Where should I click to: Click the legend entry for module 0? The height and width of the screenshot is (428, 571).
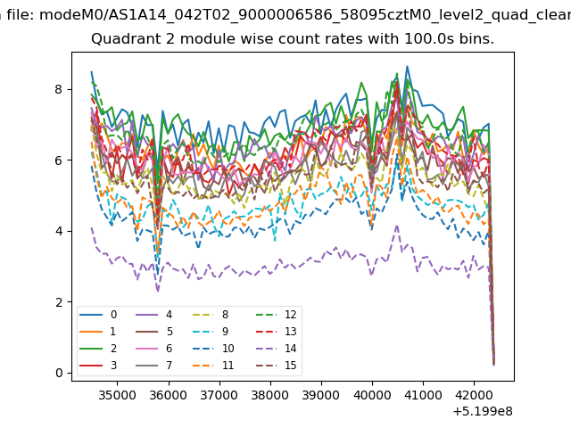tap(98, 315)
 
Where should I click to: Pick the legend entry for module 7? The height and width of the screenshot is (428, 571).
tap(153, 365)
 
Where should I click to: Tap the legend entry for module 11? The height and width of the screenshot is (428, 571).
tap(213, 365)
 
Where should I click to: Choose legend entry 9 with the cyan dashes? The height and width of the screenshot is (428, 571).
tap(211, 331)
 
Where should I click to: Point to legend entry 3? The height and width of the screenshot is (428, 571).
tap(98, 365)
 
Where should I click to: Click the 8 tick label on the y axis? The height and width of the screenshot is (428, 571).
tap(59, 89)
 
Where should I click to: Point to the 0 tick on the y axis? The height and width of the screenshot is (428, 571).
tap(59, 373)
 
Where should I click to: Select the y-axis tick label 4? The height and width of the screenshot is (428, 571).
tap(59, 231)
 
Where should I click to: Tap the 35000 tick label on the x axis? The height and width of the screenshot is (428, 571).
tap(117, 395)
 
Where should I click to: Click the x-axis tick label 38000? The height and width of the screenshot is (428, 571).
tap(270, 395)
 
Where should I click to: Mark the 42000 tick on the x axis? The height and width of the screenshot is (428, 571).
tap(474, 395)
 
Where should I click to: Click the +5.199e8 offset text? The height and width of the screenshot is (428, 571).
tap(483, 412)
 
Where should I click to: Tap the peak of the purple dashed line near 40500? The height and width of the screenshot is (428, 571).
tap(397, 226)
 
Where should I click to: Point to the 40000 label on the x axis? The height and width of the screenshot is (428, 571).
tap(372, 395)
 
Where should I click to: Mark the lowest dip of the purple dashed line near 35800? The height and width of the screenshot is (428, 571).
tap(158, 292)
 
